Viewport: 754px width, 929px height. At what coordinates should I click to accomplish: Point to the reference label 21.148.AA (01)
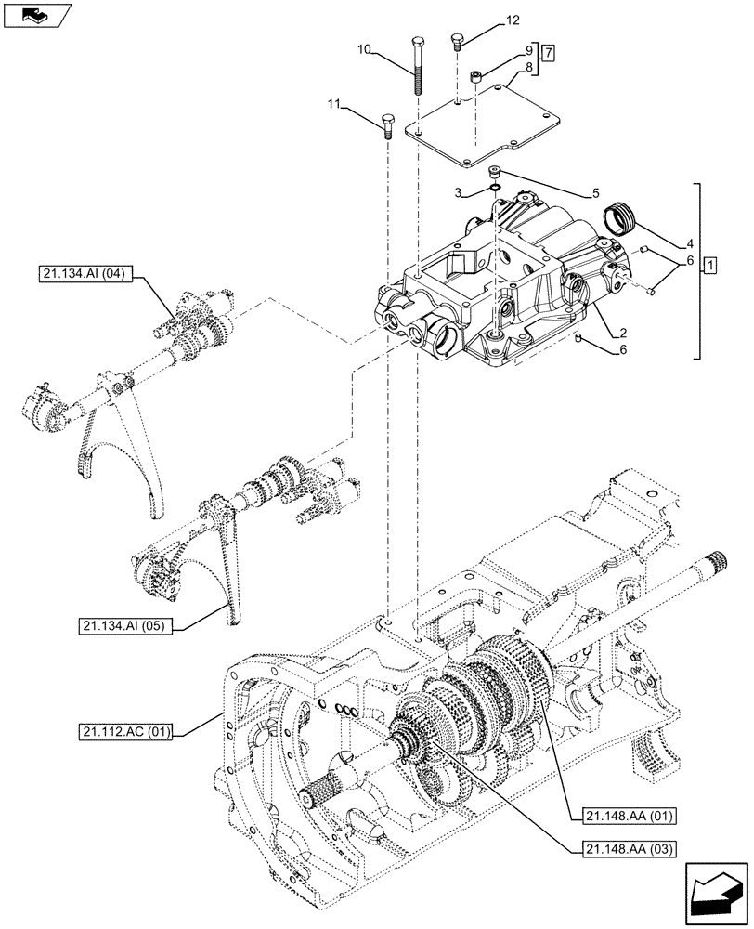pyautogui.click(x=628, y=816)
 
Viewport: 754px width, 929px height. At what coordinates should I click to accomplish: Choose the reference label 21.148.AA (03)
pyautogui.click(x=628, y=847)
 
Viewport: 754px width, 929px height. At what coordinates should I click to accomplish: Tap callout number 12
pyautogui.click(x=513, y=20)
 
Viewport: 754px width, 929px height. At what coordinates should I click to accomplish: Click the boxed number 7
pyautogui.click(x=549, y=51)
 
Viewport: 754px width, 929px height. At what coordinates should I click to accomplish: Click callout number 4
pyautogui.click(x=690, y=244)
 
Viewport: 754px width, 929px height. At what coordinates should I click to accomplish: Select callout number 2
pyautogui.click(x=625, y=333)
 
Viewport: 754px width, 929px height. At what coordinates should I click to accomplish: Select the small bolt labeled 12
pyautogui.click(x=457, y=41)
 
